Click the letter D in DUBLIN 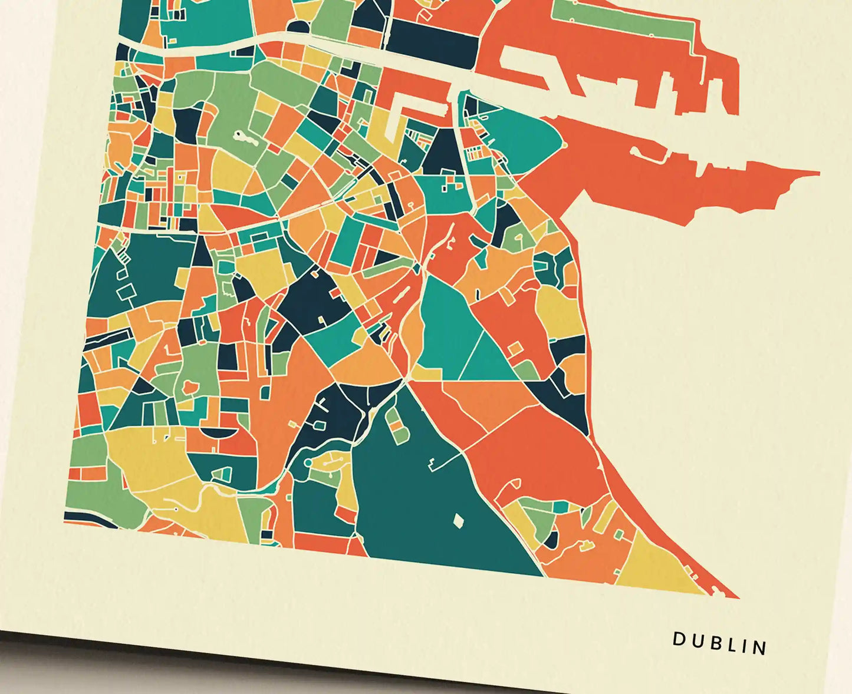(679, 638)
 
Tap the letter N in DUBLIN (761, 647)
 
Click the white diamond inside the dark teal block (458, 521)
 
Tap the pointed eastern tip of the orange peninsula (817, 173)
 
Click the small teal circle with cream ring (307, 464)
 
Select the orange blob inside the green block (190, 386)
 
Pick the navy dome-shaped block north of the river (297, 27)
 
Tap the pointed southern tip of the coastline (737, 597)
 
